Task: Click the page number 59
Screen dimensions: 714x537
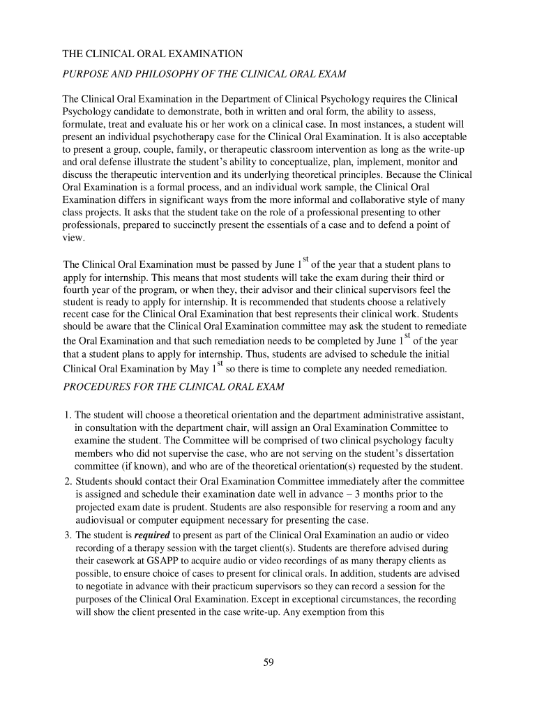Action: pyautogui.click(x=268, y=662)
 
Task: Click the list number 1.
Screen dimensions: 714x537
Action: pyautogui.click(x=67, y=414)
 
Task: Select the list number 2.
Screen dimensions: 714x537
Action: pyautogui.click(x=68, y=481)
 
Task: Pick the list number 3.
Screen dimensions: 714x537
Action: pyautogui.click(x=68, y=535)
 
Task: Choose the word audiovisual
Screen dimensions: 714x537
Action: pyautogui.click(x=104, y=520)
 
